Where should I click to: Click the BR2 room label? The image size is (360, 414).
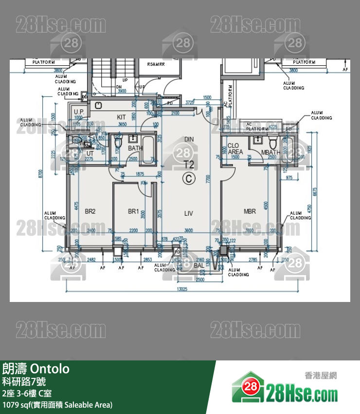click(x=90, y=211)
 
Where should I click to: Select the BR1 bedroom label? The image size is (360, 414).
click(x=133, y=211)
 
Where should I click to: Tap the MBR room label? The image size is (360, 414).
click(x=250, y=211)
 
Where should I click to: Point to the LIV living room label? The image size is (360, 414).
click(x=189, y=213)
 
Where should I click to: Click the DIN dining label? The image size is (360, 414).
click(x=189, y=139)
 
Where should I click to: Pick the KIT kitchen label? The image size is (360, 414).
click(x=122, y=117)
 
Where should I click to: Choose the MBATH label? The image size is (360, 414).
click(x=270, y=152)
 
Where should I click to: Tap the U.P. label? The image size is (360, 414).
click(x=79, y=113)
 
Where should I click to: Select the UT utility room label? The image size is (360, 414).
click(x=90, y=153)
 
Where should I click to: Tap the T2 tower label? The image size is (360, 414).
click(x=189, y=164)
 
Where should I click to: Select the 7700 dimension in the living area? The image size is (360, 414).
click(x=208, y=179)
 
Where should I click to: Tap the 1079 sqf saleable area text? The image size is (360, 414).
click(x=57, y=405)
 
